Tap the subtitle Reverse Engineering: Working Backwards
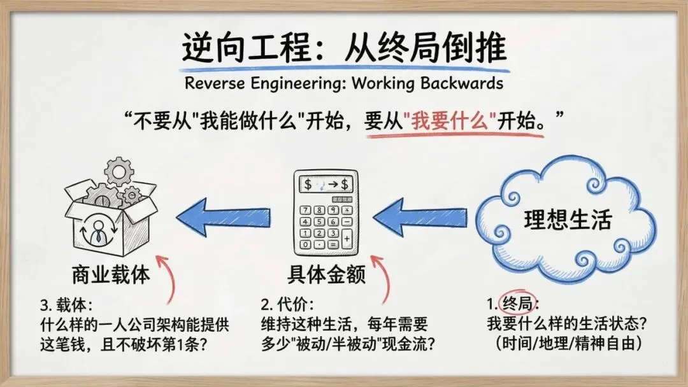click(344, 83)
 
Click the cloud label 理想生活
click(568, 219)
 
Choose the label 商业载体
click(111, 275)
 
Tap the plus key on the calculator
click(347, 239)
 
